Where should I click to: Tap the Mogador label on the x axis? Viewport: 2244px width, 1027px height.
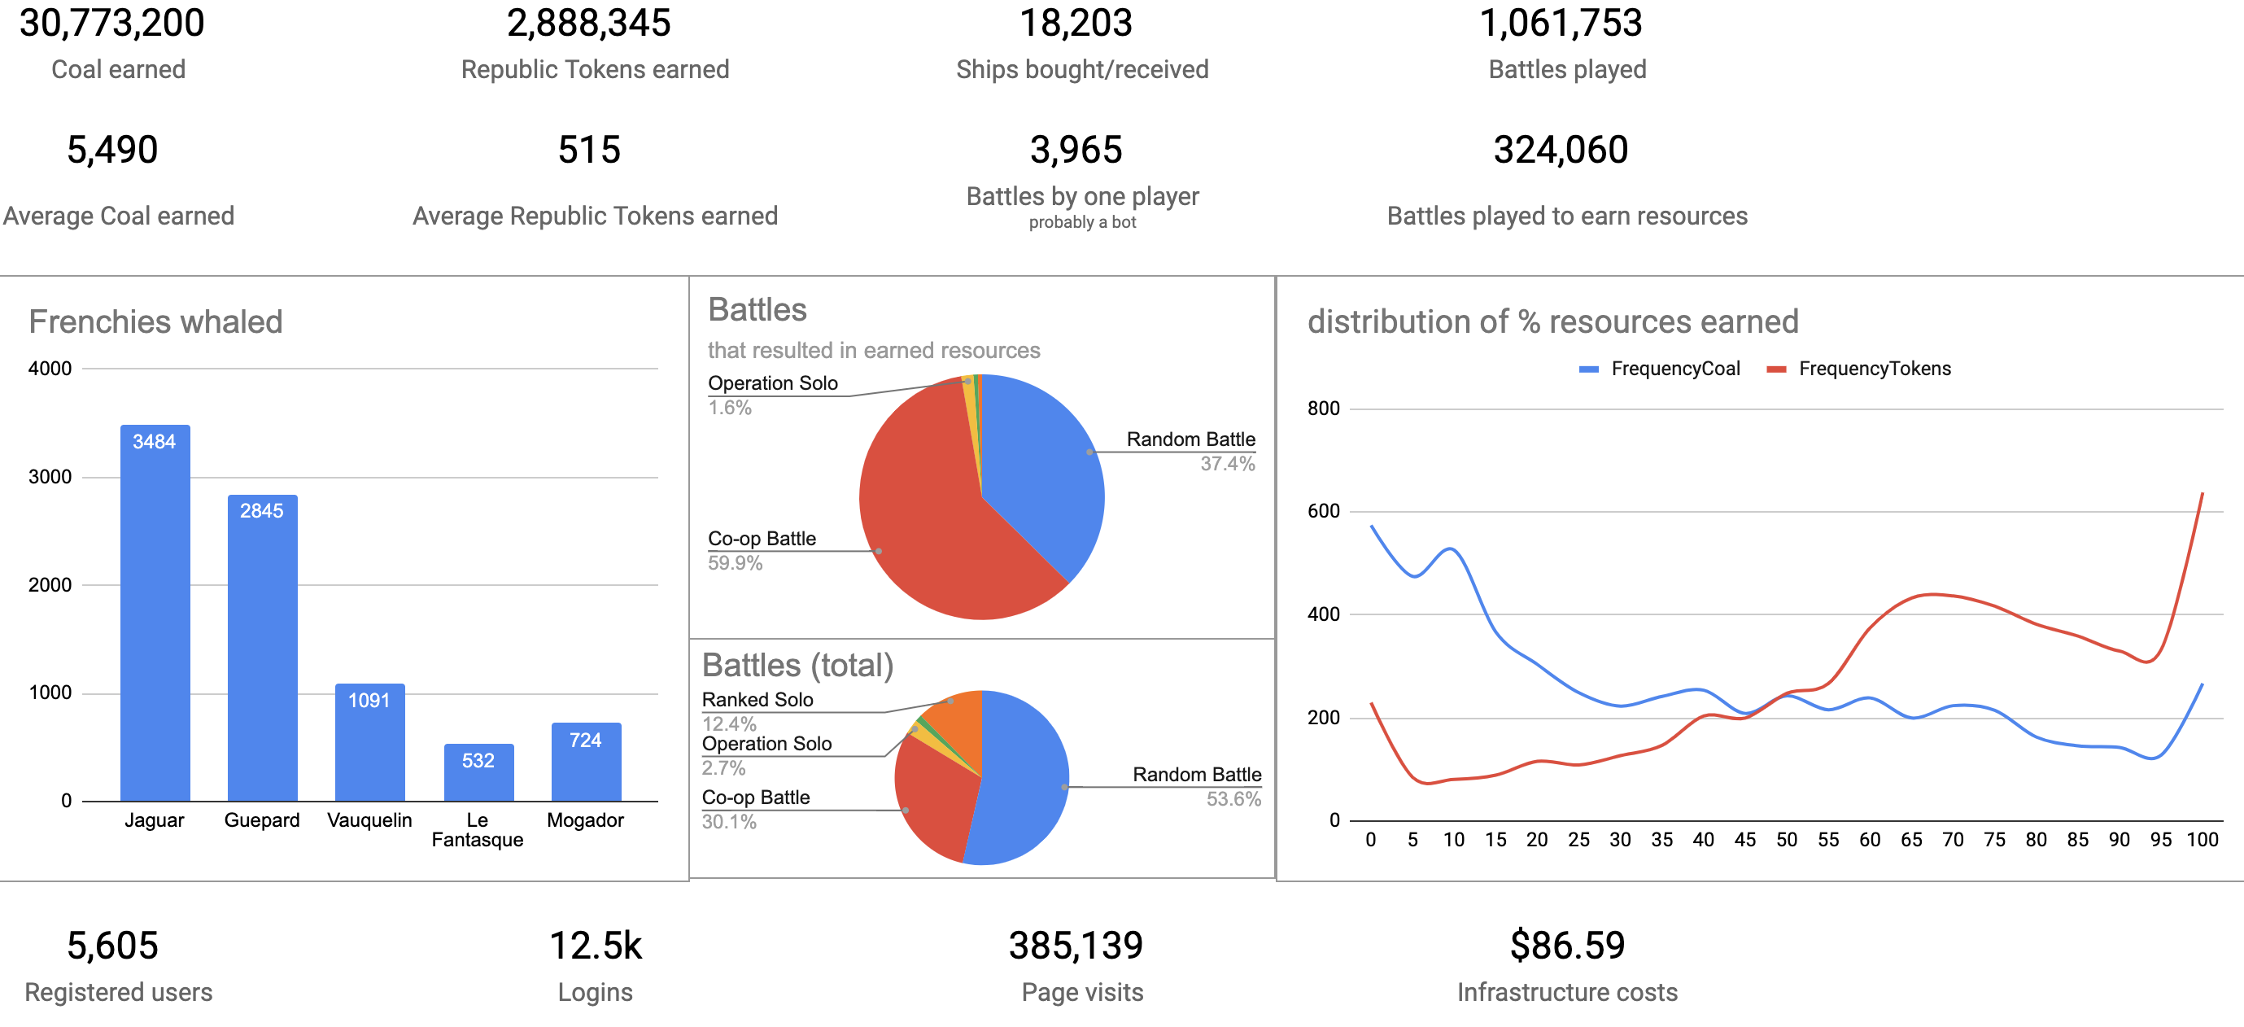click(585, 820)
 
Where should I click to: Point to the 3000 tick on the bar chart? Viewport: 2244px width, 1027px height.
click(50, 478)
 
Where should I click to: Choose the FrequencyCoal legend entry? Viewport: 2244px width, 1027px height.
click(1674, 369)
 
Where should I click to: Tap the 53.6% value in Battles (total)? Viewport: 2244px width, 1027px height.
click(1233, 800)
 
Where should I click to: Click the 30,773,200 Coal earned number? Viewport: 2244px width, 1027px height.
click(112, 24)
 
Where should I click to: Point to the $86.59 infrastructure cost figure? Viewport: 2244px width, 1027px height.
click(1567, 946)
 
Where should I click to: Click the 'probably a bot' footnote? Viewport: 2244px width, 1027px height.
click(1082, 223)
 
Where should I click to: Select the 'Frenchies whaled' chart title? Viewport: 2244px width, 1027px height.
click(156, 322)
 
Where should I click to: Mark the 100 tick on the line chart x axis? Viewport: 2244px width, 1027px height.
click(2203, 841)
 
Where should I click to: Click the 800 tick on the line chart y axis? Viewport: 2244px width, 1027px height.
click(1323, 409)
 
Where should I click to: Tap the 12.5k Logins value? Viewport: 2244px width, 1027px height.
click(596, 946)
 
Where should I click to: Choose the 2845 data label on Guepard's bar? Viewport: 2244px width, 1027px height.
click(262, 511)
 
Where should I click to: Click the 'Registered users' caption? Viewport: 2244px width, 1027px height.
click(119, 993)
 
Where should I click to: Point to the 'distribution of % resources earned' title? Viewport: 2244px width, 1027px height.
click(1552, 322)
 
